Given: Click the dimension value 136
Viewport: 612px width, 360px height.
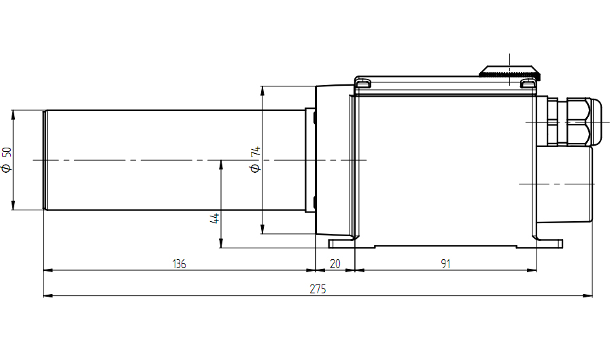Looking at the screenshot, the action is [x=179, y=264].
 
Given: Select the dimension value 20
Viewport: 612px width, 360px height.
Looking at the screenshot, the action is [x=335, y=264].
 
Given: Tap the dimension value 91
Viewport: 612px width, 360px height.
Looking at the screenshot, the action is [x=445, y=264].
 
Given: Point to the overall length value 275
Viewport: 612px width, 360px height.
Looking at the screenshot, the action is [x=318, y=289].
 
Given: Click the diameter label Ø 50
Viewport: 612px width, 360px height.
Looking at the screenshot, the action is [x=7, y=160].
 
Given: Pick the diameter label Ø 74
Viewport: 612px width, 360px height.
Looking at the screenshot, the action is [x=255, y=159].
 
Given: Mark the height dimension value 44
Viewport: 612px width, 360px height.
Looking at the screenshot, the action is [x=215, y=218].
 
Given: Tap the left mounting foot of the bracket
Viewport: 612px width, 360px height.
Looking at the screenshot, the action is [x=342, y=244].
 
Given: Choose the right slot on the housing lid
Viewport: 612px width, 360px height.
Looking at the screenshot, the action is [x=528, y=84].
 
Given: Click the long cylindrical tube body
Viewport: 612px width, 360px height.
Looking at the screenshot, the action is [x=175, y=160].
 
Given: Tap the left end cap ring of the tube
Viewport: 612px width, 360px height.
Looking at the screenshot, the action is [x=45, y=160].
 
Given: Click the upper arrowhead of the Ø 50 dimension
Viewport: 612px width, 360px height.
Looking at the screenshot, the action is [x=13, y=114].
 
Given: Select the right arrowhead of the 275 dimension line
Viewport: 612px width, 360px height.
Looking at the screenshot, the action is [x=588, y=295].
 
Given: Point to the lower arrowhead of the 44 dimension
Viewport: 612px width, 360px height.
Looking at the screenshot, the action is [x=221, y=243].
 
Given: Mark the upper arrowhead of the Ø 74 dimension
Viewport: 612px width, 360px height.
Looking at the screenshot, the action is [x=262, y=91].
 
